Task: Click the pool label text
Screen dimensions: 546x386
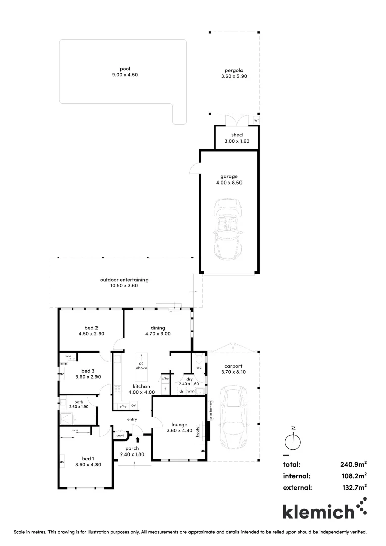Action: pos(125,68)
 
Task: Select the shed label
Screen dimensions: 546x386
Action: pos(237,135)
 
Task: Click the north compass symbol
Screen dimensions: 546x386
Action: pos(293,442)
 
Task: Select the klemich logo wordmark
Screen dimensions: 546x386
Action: pos(318,511)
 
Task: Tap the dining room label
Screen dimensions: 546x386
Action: pos(157,328)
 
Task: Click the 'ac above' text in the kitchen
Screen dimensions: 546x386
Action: pos(142,366)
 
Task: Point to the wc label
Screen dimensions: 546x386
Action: pos(199,367)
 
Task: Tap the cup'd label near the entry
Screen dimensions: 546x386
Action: pos(120,435)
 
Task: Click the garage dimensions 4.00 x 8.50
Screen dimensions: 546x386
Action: pos(229,183)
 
